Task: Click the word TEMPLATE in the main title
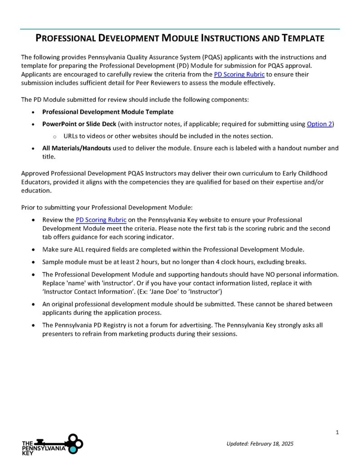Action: coord(303,38)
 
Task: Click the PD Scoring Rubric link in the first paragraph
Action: coord(239,74)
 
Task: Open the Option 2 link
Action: coord(319,124)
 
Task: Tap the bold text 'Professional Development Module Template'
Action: coord(108,112)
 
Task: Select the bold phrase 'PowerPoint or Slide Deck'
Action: coord(79,124)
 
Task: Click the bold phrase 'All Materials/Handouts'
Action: coord(76,148)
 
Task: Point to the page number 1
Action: coord(337,432)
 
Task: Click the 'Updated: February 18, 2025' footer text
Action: coord(260,444)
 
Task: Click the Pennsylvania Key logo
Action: coord(52,444)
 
